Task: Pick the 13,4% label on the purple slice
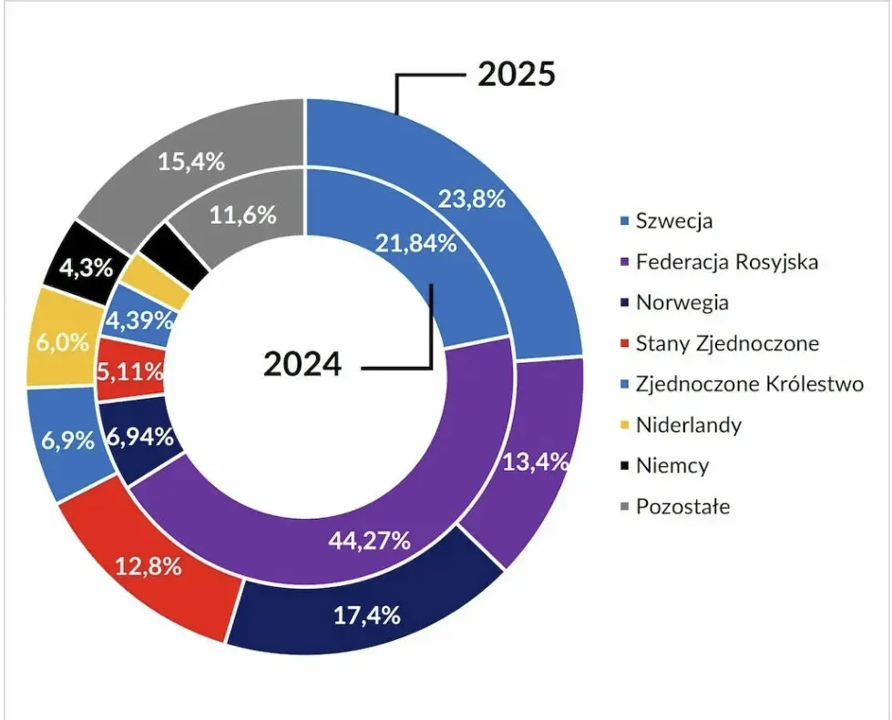tap(536, 461)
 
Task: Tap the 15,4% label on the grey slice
tap(190, 161)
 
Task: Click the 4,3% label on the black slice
tap(85, 269)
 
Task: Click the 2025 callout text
tap(516, 75)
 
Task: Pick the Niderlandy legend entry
tap(688, 424)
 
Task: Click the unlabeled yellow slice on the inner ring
tap(155, 280)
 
